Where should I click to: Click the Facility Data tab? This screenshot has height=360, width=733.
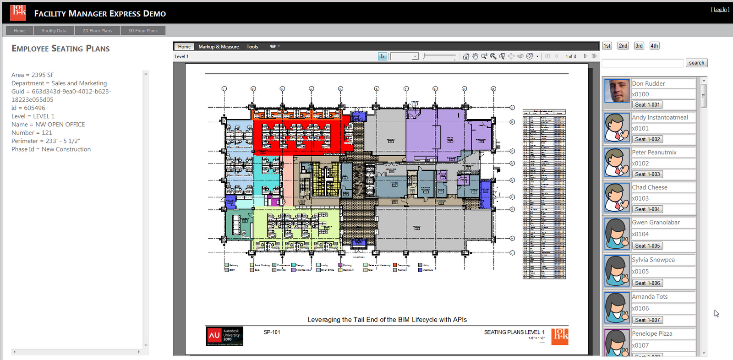coord(54,31)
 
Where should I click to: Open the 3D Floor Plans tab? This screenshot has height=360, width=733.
coord(142,31)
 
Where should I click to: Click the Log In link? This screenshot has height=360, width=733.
coord(720,10)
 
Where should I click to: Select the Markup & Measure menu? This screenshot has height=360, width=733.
coord(219,47)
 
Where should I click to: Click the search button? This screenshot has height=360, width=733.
coord(696,63)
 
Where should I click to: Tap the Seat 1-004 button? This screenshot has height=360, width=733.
coord(647,209)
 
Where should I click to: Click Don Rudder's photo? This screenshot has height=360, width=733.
coord(616,91)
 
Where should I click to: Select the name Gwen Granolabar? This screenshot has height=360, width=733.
coord(656,223)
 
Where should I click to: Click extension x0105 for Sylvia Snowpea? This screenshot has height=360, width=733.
coord(640,272)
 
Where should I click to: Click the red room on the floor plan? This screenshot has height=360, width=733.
coord(302,135)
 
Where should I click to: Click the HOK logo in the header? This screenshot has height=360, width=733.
coord(18,13)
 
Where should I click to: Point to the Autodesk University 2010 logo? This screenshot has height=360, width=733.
coord(224,336)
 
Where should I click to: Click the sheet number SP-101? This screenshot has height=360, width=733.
coord(272,332)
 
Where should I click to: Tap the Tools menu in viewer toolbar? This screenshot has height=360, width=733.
coord(252,47)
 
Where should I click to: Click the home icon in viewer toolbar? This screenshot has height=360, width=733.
coord(466,56)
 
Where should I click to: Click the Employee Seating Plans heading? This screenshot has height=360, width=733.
coord(60,49)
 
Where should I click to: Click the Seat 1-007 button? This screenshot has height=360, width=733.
coord(647,320)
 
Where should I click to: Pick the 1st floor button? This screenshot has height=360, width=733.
coord(607,46)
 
